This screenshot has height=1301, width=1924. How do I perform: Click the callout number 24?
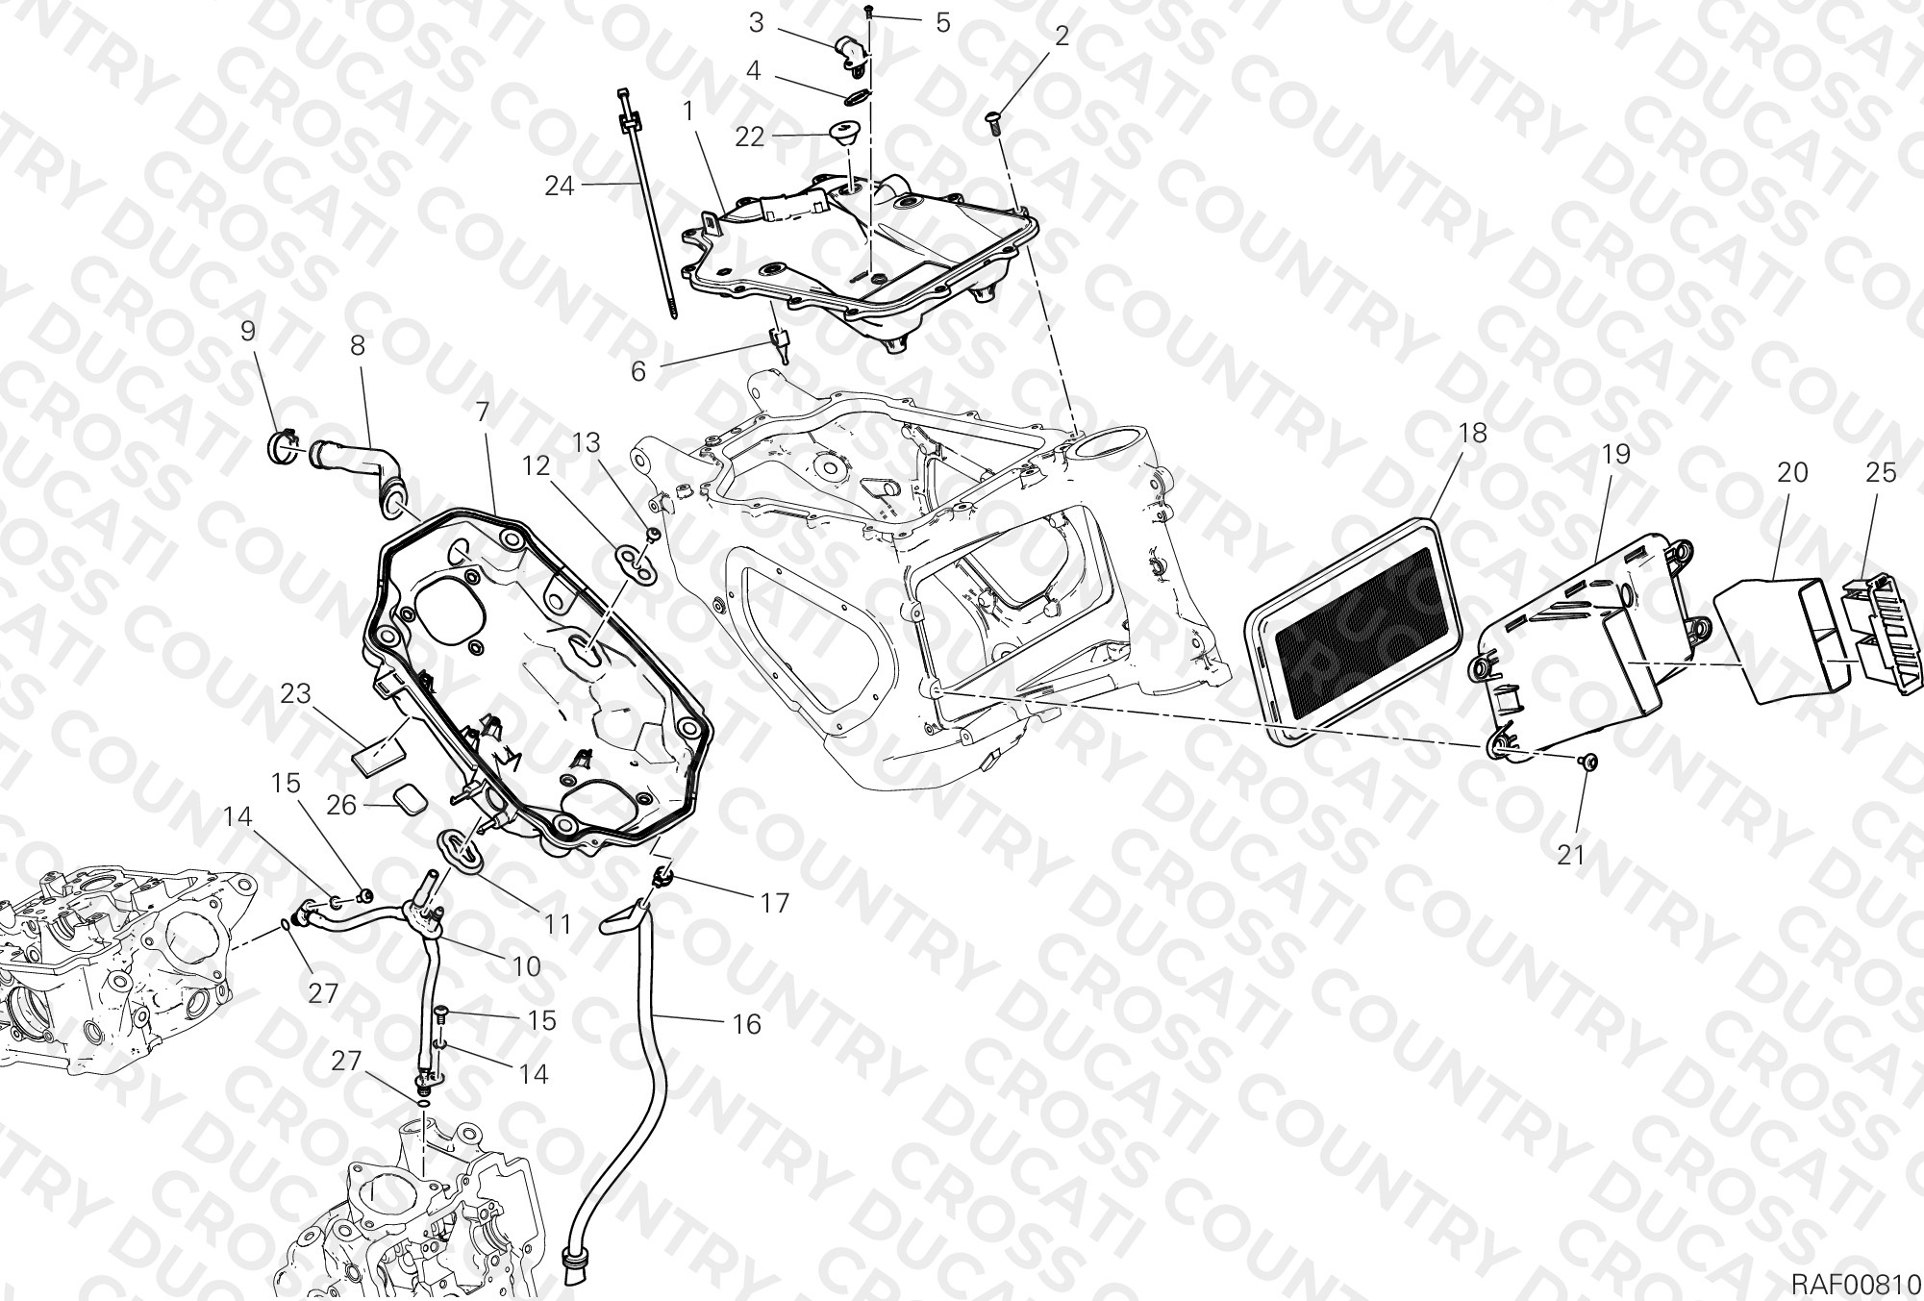(x=559, y=186)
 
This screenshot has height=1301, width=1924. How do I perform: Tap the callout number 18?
(x=1472, y=434)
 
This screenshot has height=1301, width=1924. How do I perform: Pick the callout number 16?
(x=746, y=1025)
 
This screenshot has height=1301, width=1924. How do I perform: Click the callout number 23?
(x=296, y=693)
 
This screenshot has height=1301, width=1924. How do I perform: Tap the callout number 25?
(x=1881, y=473)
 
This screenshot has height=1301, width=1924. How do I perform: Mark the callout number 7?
(x=483, y=413)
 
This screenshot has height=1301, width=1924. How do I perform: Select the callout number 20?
(x=1792, y=472)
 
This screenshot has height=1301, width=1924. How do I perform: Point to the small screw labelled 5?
(x=868, y=12)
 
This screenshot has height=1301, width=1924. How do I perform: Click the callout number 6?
(x=638, y=370)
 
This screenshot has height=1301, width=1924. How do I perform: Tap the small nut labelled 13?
(x=653, y=534)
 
